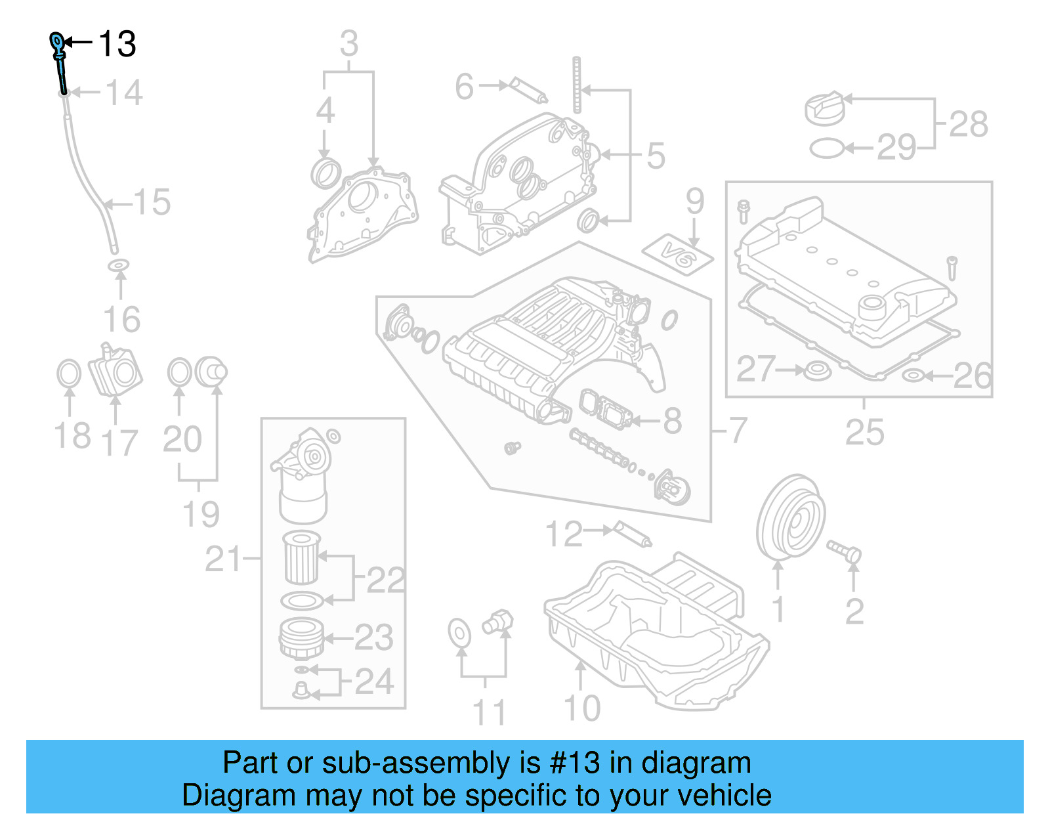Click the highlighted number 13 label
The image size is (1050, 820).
coord(117,45)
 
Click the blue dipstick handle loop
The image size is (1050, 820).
coord(57,42)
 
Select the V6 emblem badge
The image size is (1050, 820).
coord(677,255)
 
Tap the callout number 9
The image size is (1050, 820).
coord(694,202)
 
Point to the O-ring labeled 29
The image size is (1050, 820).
coord(826,148)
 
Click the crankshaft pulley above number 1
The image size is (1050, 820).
coord(790,517)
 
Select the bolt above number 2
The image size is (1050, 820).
coord(844,550)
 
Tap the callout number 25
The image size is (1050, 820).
coord(864,432)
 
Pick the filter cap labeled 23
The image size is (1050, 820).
coord(301,638)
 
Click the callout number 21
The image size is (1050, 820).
coord(223,559)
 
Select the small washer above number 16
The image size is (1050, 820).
coord(118,265)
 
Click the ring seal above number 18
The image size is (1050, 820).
coord(69,374)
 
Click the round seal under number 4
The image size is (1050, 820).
coord(325,173)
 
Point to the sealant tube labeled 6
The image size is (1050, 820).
coord(529,91)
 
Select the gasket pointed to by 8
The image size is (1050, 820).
coord(606,410)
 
